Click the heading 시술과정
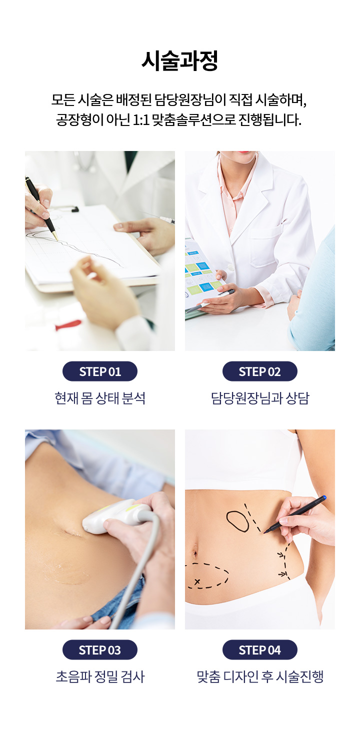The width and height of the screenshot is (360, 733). point(179,61)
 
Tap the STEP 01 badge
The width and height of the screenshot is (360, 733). point(100,371)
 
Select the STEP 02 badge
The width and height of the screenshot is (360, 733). point(260,371)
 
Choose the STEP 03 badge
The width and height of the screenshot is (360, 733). point(100,650)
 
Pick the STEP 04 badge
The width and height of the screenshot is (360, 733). point(260,650)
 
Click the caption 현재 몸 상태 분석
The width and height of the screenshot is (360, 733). point(100,398)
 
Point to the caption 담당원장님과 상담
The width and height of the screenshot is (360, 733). point(260,398)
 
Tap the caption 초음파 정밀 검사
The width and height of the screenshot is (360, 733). point(100,676)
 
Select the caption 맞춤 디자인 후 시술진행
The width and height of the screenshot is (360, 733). point(260,676)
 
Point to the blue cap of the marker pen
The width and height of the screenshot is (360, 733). point(324,497)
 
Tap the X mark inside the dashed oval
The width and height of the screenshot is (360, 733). point(197,582)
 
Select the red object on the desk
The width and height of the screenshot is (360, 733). point(68,324)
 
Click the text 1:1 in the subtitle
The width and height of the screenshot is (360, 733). point(141,120)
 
